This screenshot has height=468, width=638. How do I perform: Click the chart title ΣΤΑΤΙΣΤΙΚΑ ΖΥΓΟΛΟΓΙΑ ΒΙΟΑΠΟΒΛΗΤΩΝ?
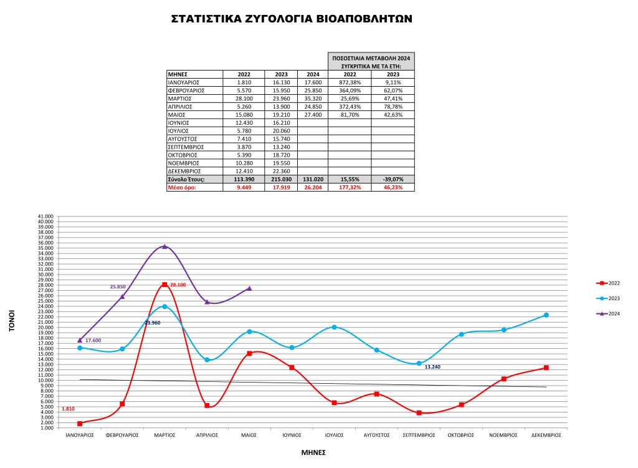(292, 19)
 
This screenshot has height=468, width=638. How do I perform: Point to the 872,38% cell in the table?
(348, 82)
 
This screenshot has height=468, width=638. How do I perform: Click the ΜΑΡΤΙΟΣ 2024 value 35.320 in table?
(313, 99)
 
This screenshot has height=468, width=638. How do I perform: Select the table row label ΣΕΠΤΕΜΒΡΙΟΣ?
(187, 147)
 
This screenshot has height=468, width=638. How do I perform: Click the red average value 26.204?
(313, 187)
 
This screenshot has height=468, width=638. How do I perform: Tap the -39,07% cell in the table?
(393, 179)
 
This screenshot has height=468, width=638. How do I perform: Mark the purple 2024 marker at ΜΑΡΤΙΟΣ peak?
(164, 246)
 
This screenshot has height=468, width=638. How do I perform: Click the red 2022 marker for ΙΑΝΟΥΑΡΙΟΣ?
(80, 424)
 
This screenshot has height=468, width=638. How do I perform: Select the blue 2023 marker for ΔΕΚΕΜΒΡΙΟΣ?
(546, 315)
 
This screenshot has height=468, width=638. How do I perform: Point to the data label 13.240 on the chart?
(432, 367)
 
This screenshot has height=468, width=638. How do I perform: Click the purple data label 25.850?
(118, 286)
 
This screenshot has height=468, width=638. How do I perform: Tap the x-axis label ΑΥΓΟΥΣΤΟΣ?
(376, 435)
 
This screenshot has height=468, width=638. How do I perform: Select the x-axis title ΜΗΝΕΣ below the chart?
(313, 452)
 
